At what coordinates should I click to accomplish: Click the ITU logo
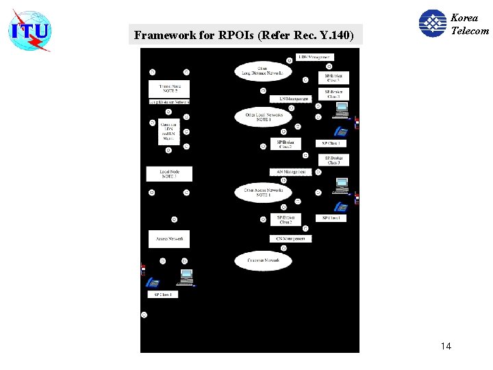click(x=29, y=30)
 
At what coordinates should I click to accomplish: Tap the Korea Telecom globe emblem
click(x=432, y=23)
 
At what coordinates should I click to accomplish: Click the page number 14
click(x=446, y=346)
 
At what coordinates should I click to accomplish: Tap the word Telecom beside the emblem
click(x=470, y=30)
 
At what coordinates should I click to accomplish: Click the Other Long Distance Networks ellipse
click(x=262, y=71)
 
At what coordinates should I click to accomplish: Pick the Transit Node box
click(x=168, y=89)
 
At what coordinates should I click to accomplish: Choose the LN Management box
click(x=290, y=99)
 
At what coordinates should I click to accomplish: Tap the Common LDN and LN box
click(x=169, y=131)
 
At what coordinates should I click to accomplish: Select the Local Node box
click(x=169, y=174)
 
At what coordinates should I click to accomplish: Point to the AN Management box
click(x=290, y=171)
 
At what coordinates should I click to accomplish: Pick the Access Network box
click(x=169, y=238)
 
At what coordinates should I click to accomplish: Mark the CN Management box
click(x=290, y=238)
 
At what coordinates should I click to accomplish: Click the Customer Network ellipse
click(x=263, y=260)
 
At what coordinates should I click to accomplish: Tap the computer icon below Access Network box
click(x=185, y=277)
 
